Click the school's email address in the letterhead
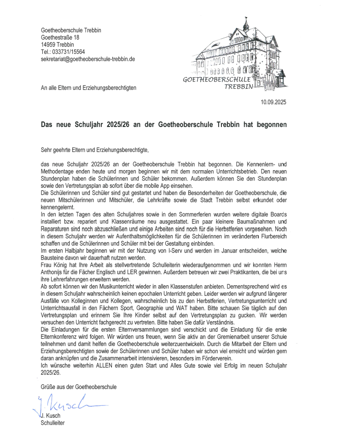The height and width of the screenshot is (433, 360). point(88,59)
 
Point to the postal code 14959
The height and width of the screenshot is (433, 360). point(48,45)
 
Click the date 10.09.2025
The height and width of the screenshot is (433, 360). point(273,102)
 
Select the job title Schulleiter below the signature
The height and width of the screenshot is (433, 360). point(53,423)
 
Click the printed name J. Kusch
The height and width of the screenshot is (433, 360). point(52,416)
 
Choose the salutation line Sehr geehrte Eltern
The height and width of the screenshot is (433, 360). point(95,150)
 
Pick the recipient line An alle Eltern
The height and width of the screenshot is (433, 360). point(88,87)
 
